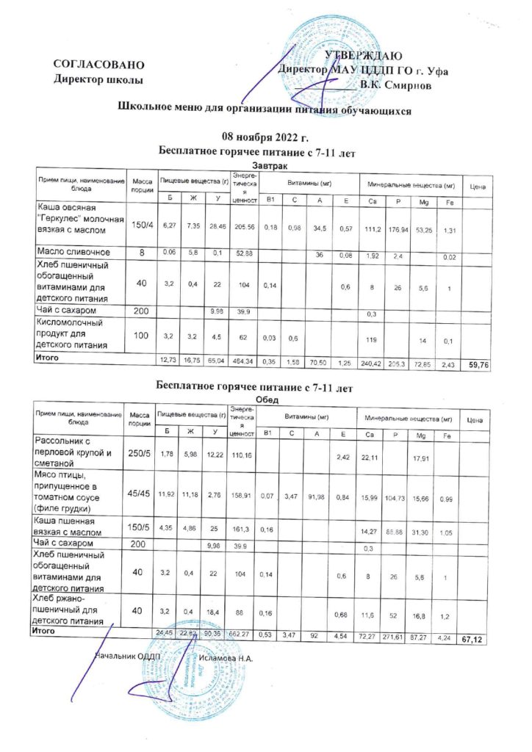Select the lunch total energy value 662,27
click(x=242, y=634)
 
